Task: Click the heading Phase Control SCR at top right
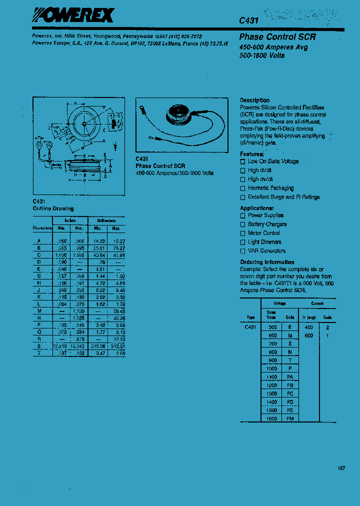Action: pyautogui.click(x=277, y=37)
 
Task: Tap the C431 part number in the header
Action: pyautogui.click(x=248, y=20)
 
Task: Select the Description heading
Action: pyautogui.click(x=254, y=100)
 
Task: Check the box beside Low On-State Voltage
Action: pyautogui.click(x=243, y=161)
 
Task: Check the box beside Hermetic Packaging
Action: pyautogui.click(x=243, y=188)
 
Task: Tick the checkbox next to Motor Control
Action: pyautogui.click(x=243, y=233)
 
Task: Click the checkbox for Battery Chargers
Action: pyautogui.click(x=243, y=224)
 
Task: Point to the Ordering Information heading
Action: pyautogui.click(x=267, y=262)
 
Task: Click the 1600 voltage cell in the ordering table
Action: pyautogui.click(x=271, y=418)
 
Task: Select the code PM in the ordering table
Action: pyautogui.click(x=290, y=418)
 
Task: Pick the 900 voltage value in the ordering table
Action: pyautogui.click(x=272, y=360)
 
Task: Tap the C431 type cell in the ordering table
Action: pyautogui.click(x=250, y=326)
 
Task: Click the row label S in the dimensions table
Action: pyautogui.click(x=39, y=346)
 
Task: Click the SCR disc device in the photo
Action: pyautogui.click(x=179, y=114)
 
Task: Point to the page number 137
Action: pyautogui.click(x=341, y=468)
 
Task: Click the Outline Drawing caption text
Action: pyautogui.click(x=53, y=208)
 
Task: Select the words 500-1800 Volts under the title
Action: pyautogui.click(x=262, y=55)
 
